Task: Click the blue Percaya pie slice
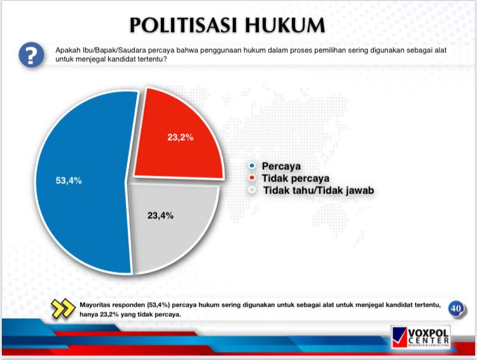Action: tap(76, 191)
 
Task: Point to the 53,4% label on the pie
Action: tap(69, 181)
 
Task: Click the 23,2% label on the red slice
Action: tap(180, 137)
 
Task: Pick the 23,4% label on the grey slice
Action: tap(160, 215)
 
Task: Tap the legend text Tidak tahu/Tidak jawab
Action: tap(317, 190)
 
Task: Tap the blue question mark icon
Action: tap(31, 55)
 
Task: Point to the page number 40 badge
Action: tap(455, 308)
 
